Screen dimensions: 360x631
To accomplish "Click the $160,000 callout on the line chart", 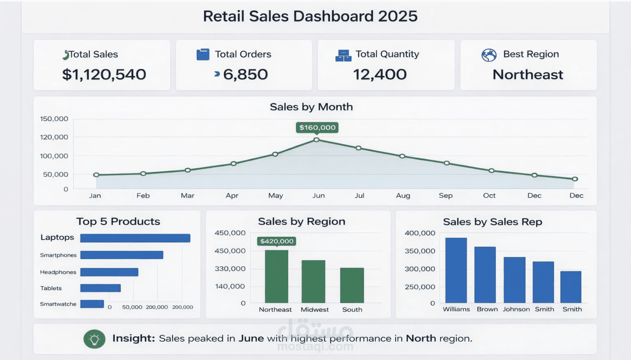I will pyautogui.click(x=317, y=127).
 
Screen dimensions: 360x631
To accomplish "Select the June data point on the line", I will pyautogui.click(x=316, y=140).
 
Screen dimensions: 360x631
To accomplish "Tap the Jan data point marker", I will pyautogui.click(x=96, y=175).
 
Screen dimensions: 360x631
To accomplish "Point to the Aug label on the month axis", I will pyautogui.click(x=403, y=196).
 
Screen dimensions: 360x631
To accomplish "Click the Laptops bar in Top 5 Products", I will pyautogui.click(x=135, y=238).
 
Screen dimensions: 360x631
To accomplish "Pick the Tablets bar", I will pyautogui.click(x=100, y=288).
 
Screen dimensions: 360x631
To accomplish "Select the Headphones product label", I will pyautogui.click(x=58, y=272).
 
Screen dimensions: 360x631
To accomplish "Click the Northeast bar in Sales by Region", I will pyautogui.click(x=277, y=276).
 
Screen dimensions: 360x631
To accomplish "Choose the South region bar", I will pyautogui.click(x=352, y=285).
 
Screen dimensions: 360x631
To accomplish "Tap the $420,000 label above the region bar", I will pyautogui.click(x=277, y=241).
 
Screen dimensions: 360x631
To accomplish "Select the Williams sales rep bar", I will pyautogui.click(x=456, y=270).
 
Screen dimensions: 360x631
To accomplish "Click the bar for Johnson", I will pyautogui.click(x=514, y=280).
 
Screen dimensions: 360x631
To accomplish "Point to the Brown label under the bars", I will pyautogui.click(x=487, y=309).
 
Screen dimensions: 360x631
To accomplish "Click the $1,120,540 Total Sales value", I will pyautogui.click(x=104, y=75).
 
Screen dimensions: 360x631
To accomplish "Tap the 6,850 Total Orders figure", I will pyautogui.click(x=245, y=75).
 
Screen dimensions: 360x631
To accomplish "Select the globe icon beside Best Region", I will pyautogui.click(x=489, y=55).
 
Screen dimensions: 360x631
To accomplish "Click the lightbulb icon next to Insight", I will pyautogui.click(x=94, y=339).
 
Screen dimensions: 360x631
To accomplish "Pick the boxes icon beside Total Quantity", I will pyautogui.click(x=343, y=55).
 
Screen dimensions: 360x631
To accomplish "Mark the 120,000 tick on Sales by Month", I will pyautogui.click(x=54, y=137).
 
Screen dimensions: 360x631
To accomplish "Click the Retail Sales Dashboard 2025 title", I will pyautogui.click(x=310, y=16).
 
